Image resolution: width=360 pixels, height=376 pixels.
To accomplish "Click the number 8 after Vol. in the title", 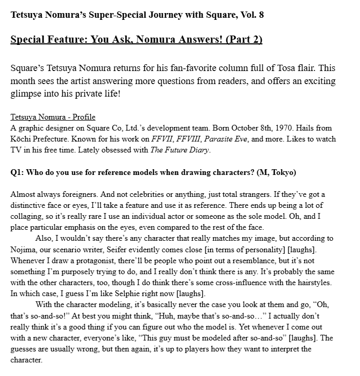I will pyautogui.click(x=261, y=14).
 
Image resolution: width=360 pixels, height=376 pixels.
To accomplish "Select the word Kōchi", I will pyautogui.click(x=21, y=139).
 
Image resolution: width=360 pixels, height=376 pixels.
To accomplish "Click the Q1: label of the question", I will pyautogui.click(x=19, y=172).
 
